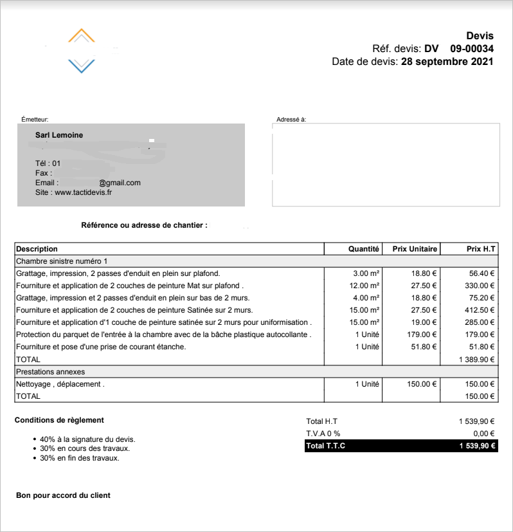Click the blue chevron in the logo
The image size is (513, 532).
(81, 65)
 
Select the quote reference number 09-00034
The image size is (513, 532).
(471, 49)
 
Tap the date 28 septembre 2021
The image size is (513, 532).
(447, 62)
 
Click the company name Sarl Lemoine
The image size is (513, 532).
(59, 135)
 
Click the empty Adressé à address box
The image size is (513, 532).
(386, 164)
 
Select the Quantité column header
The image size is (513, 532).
(364, 249)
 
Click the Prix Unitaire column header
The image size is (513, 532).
(415, 249)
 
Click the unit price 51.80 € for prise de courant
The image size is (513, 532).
(424, 347)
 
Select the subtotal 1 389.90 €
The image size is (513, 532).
(476, 360)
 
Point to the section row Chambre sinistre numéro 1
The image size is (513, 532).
(62, 261)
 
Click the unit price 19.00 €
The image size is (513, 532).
(424, 322)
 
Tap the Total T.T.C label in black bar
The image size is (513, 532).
(326, 446)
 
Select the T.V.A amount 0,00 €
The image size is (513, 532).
(483, 434)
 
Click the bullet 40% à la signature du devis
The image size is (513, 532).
(87, 439)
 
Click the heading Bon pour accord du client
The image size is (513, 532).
(63, 495)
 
